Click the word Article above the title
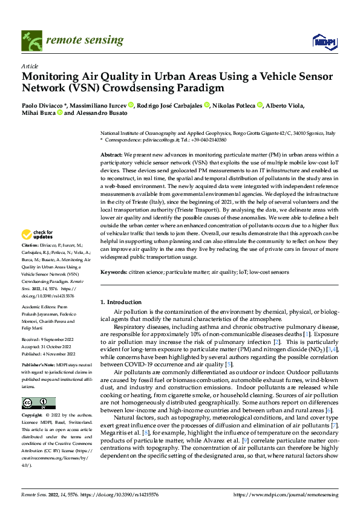coord(29,66)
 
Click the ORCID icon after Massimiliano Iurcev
coord(131,106)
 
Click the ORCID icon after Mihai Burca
coord(60,113)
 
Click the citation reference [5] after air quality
coord(227,365)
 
